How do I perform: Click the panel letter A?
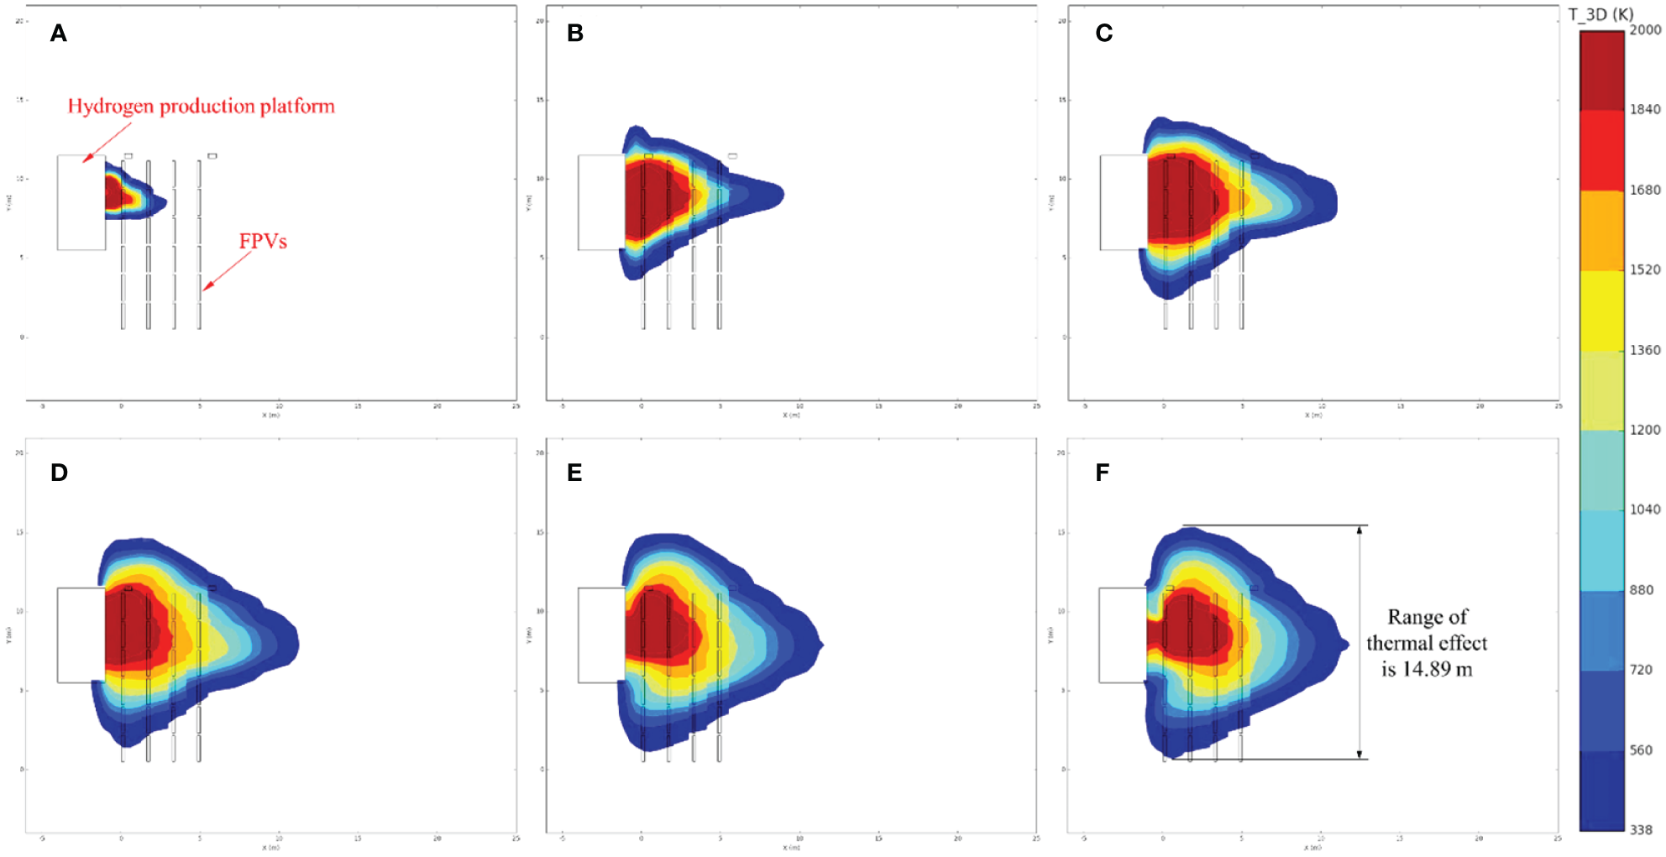coord(58,34)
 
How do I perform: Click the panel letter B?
coord(575,34)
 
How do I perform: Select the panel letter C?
coord(1103,34)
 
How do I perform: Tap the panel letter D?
coord(59,473)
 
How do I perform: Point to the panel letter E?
coord(574,473)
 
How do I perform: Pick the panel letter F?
coord(1103,473)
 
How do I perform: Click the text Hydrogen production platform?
coord(201,107)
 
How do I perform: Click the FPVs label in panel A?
coord(263,242)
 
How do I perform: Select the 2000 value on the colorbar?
coord(1645,30)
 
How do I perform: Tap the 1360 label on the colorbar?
coord(1645,350)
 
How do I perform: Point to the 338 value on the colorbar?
coord(1641,829)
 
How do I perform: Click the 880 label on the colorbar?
coord(1642,590)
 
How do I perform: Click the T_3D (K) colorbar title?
coord(1601,14)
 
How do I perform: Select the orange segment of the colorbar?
coord(1601,230)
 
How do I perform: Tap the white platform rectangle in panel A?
coord(81,202)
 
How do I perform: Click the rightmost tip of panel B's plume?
coord(783,195)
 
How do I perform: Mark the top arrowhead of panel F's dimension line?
coord(1360,530)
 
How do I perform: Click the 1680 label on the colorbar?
coord(1645,190)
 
